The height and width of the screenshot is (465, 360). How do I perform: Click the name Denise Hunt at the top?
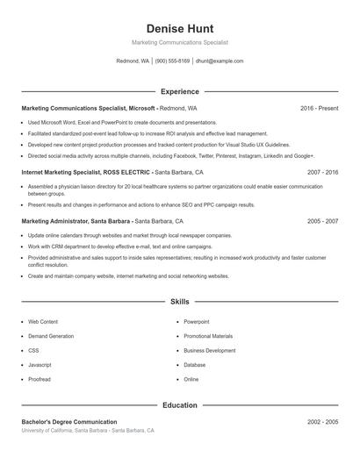click(x=179, y=29)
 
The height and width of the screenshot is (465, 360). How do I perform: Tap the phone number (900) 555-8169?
click(x=172, y=61)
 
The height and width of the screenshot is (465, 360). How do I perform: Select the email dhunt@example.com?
click(x=220, y=61)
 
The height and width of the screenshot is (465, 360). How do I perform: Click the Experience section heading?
click(x=179, y=91)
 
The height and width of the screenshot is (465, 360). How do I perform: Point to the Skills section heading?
click(x=179, y=301)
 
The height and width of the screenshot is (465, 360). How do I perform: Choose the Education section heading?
click(x=179, y=405)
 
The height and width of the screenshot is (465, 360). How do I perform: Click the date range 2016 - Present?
click(x=319, y=108)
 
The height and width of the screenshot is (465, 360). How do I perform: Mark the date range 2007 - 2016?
click(x=322, y=173)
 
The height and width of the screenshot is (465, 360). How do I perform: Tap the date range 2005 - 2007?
click(x=322, y=222)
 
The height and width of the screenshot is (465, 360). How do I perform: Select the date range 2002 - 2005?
click(x=322, y=422)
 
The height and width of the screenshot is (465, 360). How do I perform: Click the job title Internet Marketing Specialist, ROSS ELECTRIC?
click(x=86, y=173)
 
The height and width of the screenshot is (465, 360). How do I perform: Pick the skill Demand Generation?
click(x=51, y=336)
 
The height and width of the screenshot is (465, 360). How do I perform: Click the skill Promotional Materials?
click(x=208, y=336)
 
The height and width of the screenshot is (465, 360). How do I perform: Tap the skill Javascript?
click(x=40, y=365)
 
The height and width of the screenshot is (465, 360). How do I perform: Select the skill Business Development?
click(x=209, y=350)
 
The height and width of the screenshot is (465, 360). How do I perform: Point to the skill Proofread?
click(x=40, y=379)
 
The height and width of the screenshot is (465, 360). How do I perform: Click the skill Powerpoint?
click(x=197, y=322)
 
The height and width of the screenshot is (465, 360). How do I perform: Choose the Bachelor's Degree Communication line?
click(x=69, y=422)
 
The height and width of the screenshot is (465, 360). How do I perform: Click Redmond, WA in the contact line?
click(x=133, y=61)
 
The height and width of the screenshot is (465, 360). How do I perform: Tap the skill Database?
click(x=195, y=365)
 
